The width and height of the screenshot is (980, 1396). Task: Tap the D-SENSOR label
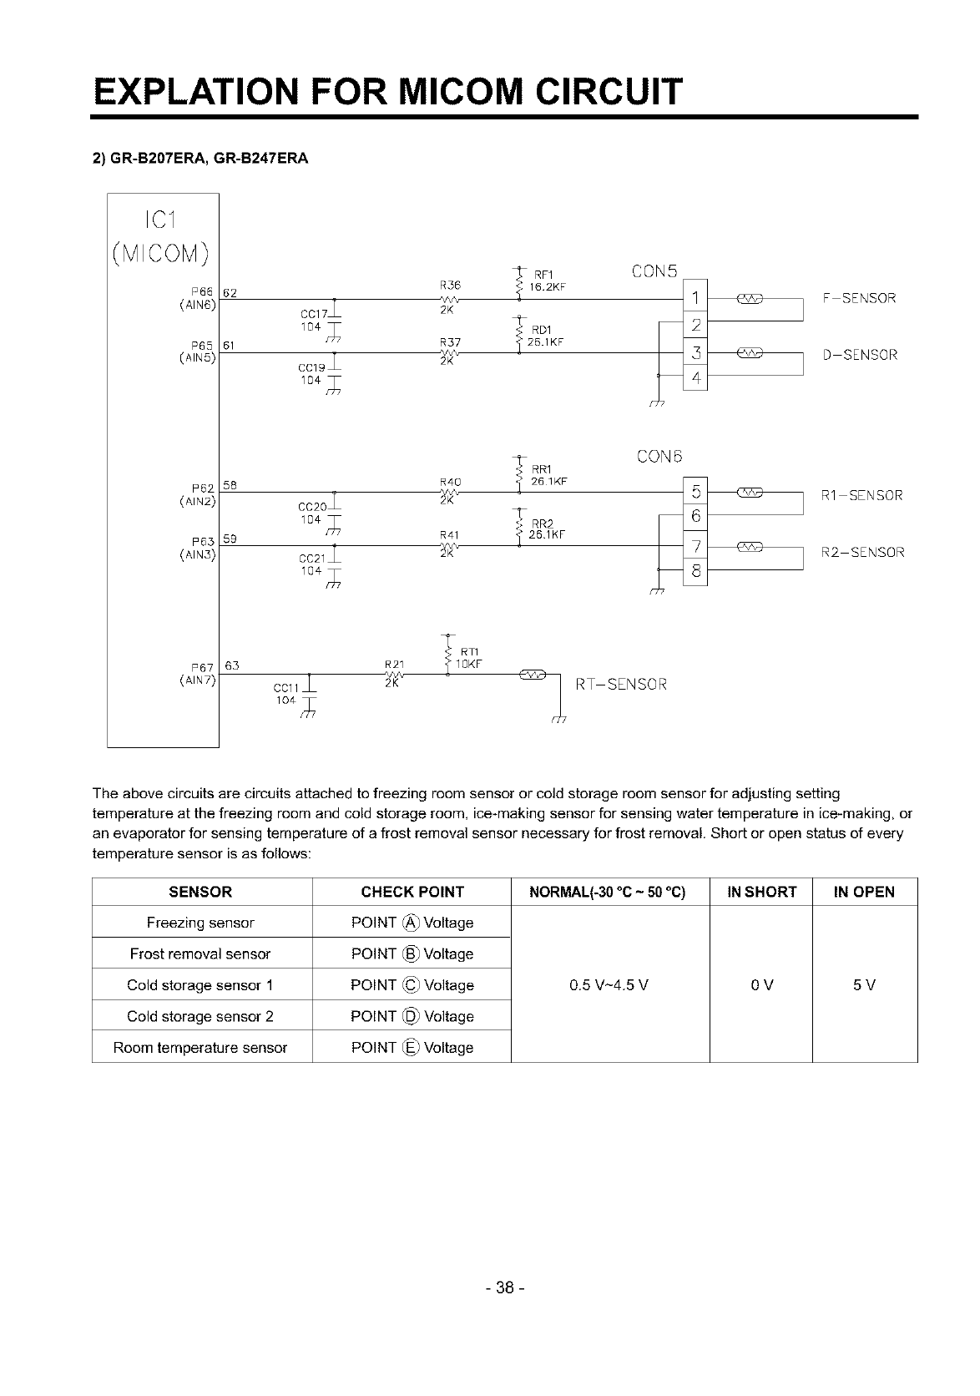click(860, 355)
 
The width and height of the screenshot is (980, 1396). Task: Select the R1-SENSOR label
click(862, 495)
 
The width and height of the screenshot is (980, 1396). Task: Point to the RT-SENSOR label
click(622, 685)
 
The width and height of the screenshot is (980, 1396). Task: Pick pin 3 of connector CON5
click(695, 354)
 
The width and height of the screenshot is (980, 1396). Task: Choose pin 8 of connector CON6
click(695, 573)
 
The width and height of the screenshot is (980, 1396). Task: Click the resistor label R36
click(450, 284)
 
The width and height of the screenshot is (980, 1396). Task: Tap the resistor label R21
click(394, 663)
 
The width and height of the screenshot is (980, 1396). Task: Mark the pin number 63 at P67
click(232, 665)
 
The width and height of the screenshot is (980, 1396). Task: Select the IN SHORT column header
click(761, 892)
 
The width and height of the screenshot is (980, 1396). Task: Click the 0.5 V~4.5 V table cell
click(609, 985)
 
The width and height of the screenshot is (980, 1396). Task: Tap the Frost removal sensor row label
click(200, 953)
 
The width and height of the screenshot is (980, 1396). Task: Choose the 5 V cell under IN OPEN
click(864, 985)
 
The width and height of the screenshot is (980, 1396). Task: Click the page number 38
click(503, 1288)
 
